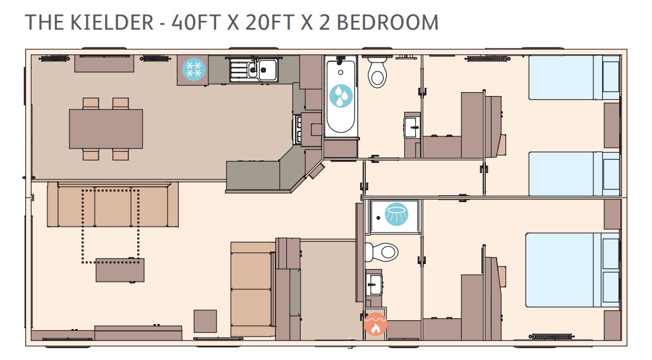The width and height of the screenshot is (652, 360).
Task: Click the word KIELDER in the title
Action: pos(112,23)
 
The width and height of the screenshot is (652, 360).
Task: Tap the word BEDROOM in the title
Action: pos(387,23)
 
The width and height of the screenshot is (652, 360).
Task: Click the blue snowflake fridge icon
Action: pos(194,69)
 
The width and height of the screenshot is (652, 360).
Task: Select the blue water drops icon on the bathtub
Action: pos(341,96)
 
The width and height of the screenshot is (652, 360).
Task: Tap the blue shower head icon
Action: pos(396,214)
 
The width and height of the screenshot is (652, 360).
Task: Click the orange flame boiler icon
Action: pos(375,324)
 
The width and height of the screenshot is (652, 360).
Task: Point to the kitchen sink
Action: pos(254,70)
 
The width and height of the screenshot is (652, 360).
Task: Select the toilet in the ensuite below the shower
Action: pos(382,252)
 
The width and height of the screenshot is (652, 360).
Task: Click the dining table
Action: pos(106,129)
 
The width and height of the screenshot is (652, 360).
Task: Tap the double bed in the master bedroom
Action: pos(572,270)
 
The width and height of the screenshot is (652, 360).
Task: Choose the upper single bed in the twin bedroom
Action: pos(574,77)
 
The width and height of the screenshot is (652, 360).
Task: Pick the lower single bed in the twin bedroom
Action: pos(574,173)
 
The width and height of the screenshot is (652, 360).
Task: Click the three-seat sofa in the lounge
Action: pos(112,205)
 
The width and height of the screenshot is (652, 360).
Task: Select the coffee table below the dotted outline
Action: pos(120,270)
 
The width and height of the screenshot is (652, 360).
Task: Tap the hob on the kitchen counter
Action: pos(298,129)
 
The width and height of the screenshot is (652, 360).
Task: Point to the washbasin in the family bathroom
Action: pos(412,127)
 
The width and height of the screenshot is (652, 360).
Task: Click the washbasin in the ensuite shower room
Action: pos(374,284)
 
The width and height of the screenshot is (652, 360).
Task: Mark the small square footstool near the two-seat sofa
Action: pos(205,321)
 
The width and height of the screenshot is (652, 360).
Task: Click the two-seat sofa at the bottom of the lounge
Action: pos(253,289)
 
